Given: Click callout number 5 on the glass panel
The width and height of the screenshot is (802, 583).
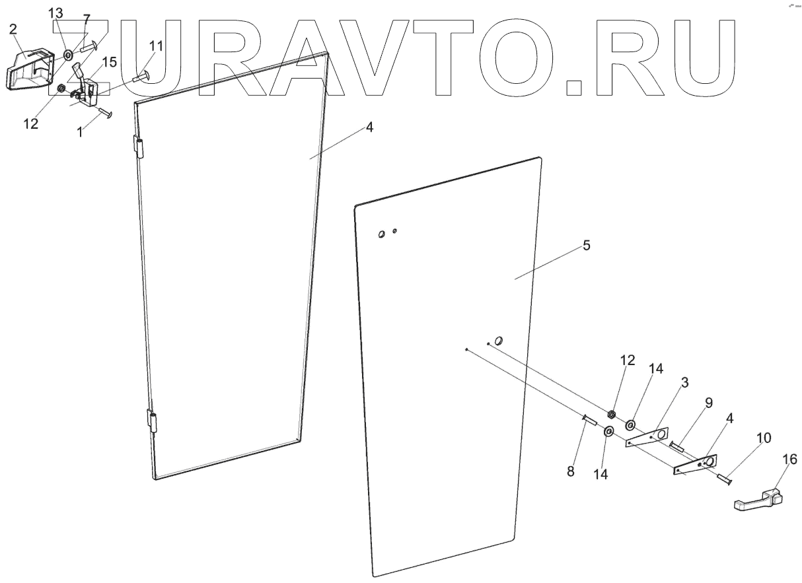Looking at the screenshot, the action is pyautogui.click(x=587, y=246).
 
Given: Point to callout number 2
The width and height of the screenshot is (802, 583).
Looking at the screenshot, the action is pyautogui.click(x=13, y=28).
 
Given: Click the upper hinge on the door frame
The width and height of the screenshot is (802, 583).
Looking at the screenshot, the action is pyautogui.click(x=139, y=147).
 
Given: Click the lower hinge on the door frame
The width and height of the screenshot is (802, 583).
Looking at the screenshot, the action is pyautogui.click(x=153, y=421).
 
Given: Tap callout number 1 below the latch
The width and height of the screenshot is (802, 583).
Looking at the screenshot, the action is pyautogui.click(x=80, y=131).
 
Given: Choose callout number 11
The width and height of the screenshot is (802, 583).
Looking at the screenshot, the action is pyautogui.click(x=155, y=46).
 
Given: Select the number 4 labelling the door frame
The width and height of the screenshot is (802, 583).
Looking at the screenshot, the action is pyautogui.click(x=370, y=127).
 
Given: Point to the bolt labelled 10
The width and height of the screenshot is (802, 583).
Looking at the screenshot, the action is pyautogui.click(x=723, y=477).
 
